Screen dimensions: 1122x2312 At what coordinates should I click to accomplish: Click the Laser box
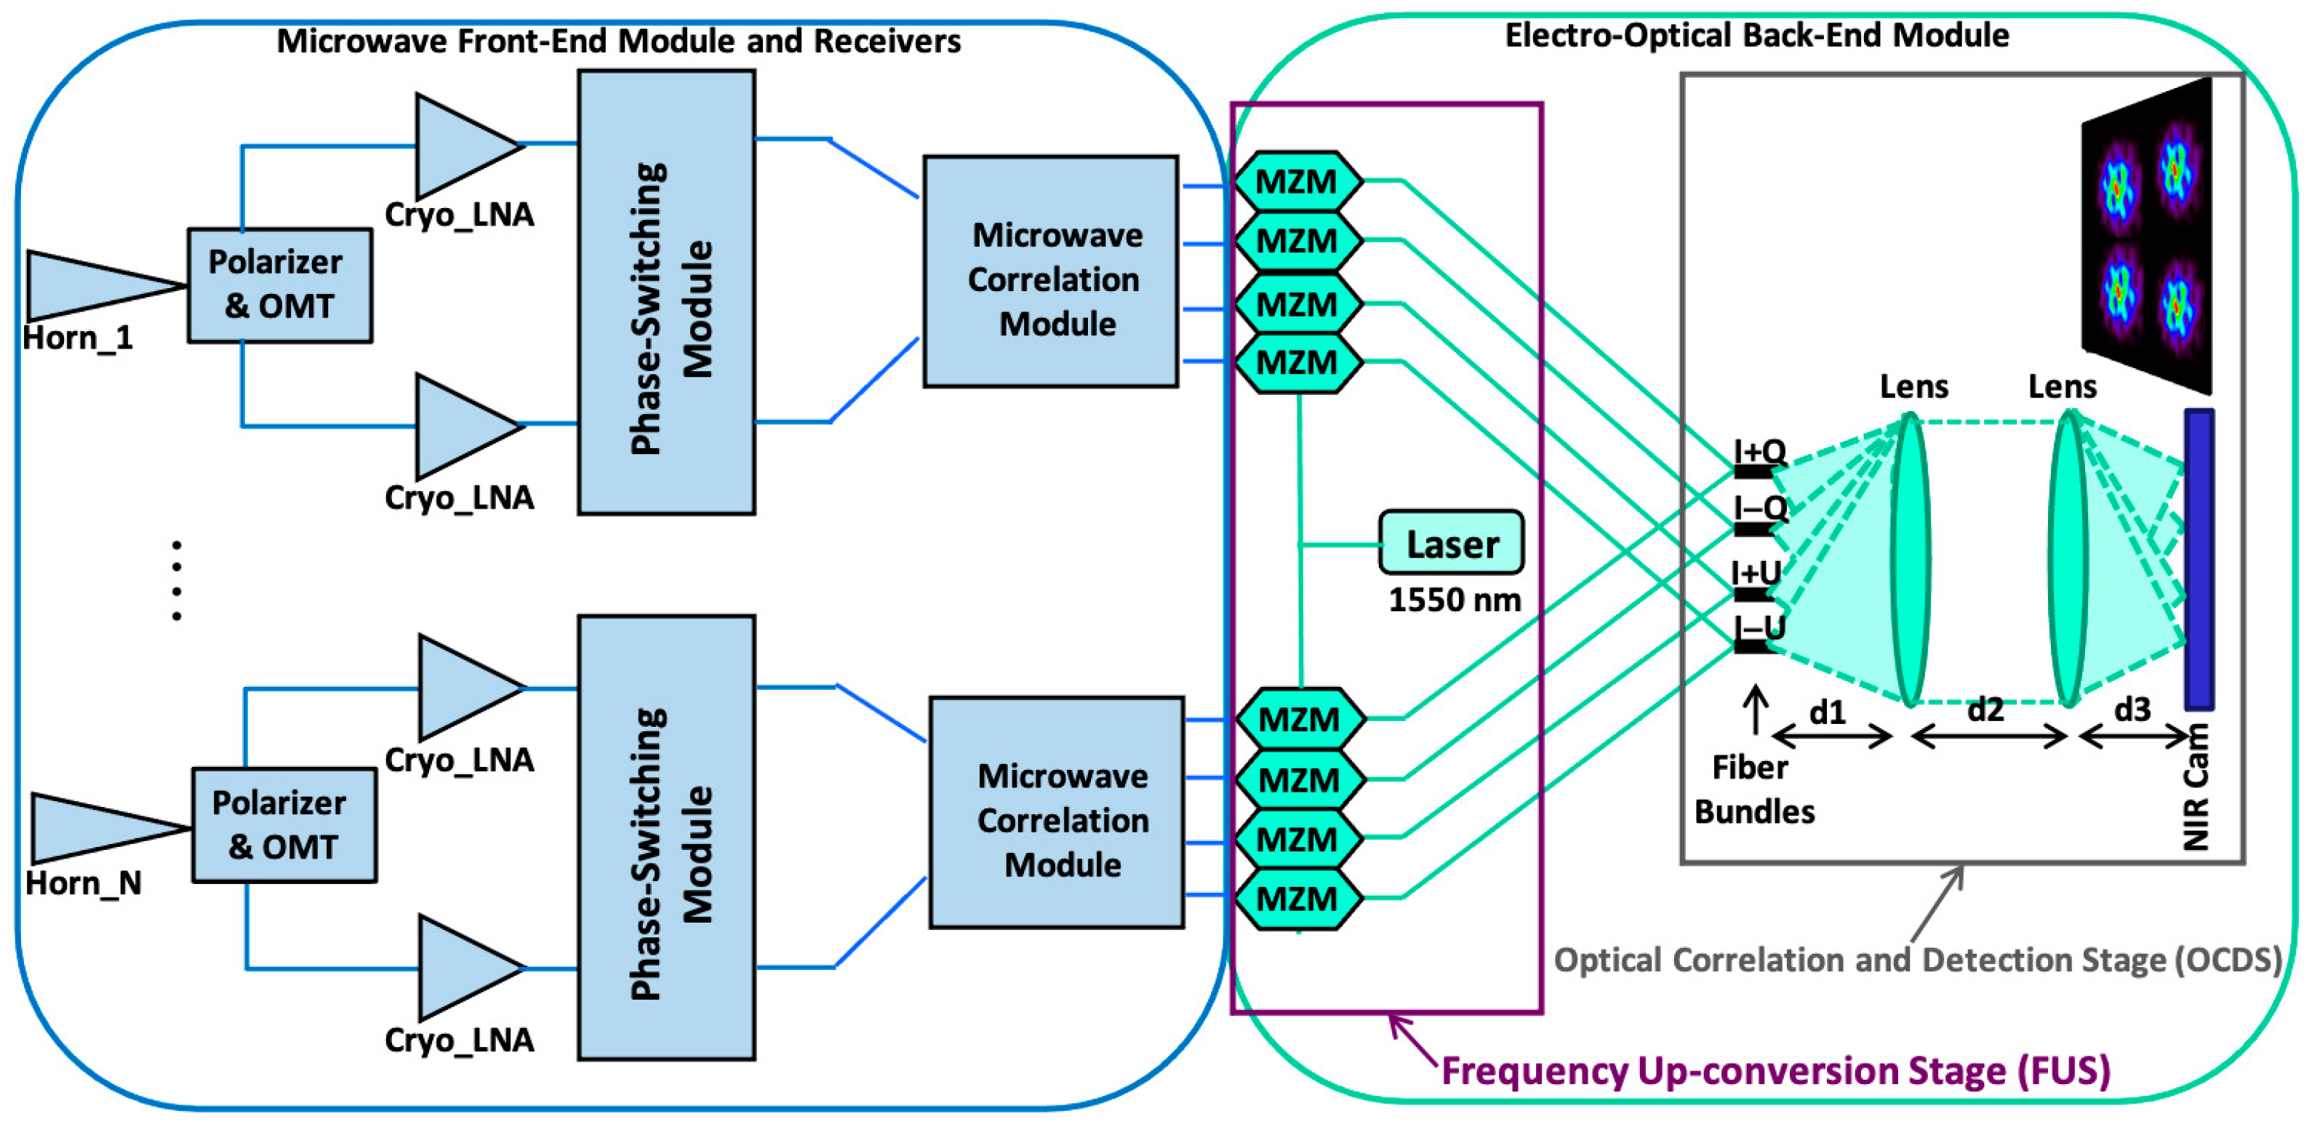coord(1449,542)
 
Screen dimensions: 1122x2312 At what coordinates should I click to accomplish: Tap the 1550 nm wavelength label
coord(1454,600)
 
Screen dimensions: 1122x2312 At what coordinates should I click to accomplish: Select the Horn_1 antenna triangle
coord(89,285)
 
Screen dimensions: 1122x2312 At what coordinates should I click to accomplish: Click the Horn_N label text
coord(83,883)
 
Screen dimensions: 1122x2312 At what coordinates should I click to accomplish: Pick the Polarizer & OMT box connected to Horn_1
coord(279,285)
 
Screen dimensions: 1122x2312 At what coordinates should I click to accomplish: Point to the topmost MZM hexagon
coord(1297,181)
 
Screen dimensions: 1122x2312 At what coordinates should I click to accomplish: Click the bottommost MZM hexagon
coord(1297,899)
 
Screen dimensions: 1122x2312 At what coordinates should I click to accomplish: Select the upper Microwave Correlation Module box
coord(1050,271)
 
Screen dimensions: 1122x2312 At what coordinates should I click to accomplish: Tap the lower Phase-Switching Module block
coord(666,837)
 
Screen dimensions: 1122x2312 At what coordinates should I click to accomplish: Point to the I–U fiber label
coord(1759,626)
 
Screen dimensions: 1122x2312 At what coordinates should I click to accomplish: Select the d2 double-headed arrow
coord(1988,737)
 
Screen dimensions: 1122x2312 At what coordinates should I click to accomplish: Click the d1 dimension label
coord(1828,712)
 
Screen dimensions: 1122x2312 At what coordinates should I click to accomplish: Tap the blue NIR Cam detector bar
coord(2198,558)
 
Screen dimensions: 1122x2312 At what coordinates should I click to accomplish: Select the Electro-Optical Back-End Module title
coord(1756,36)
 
